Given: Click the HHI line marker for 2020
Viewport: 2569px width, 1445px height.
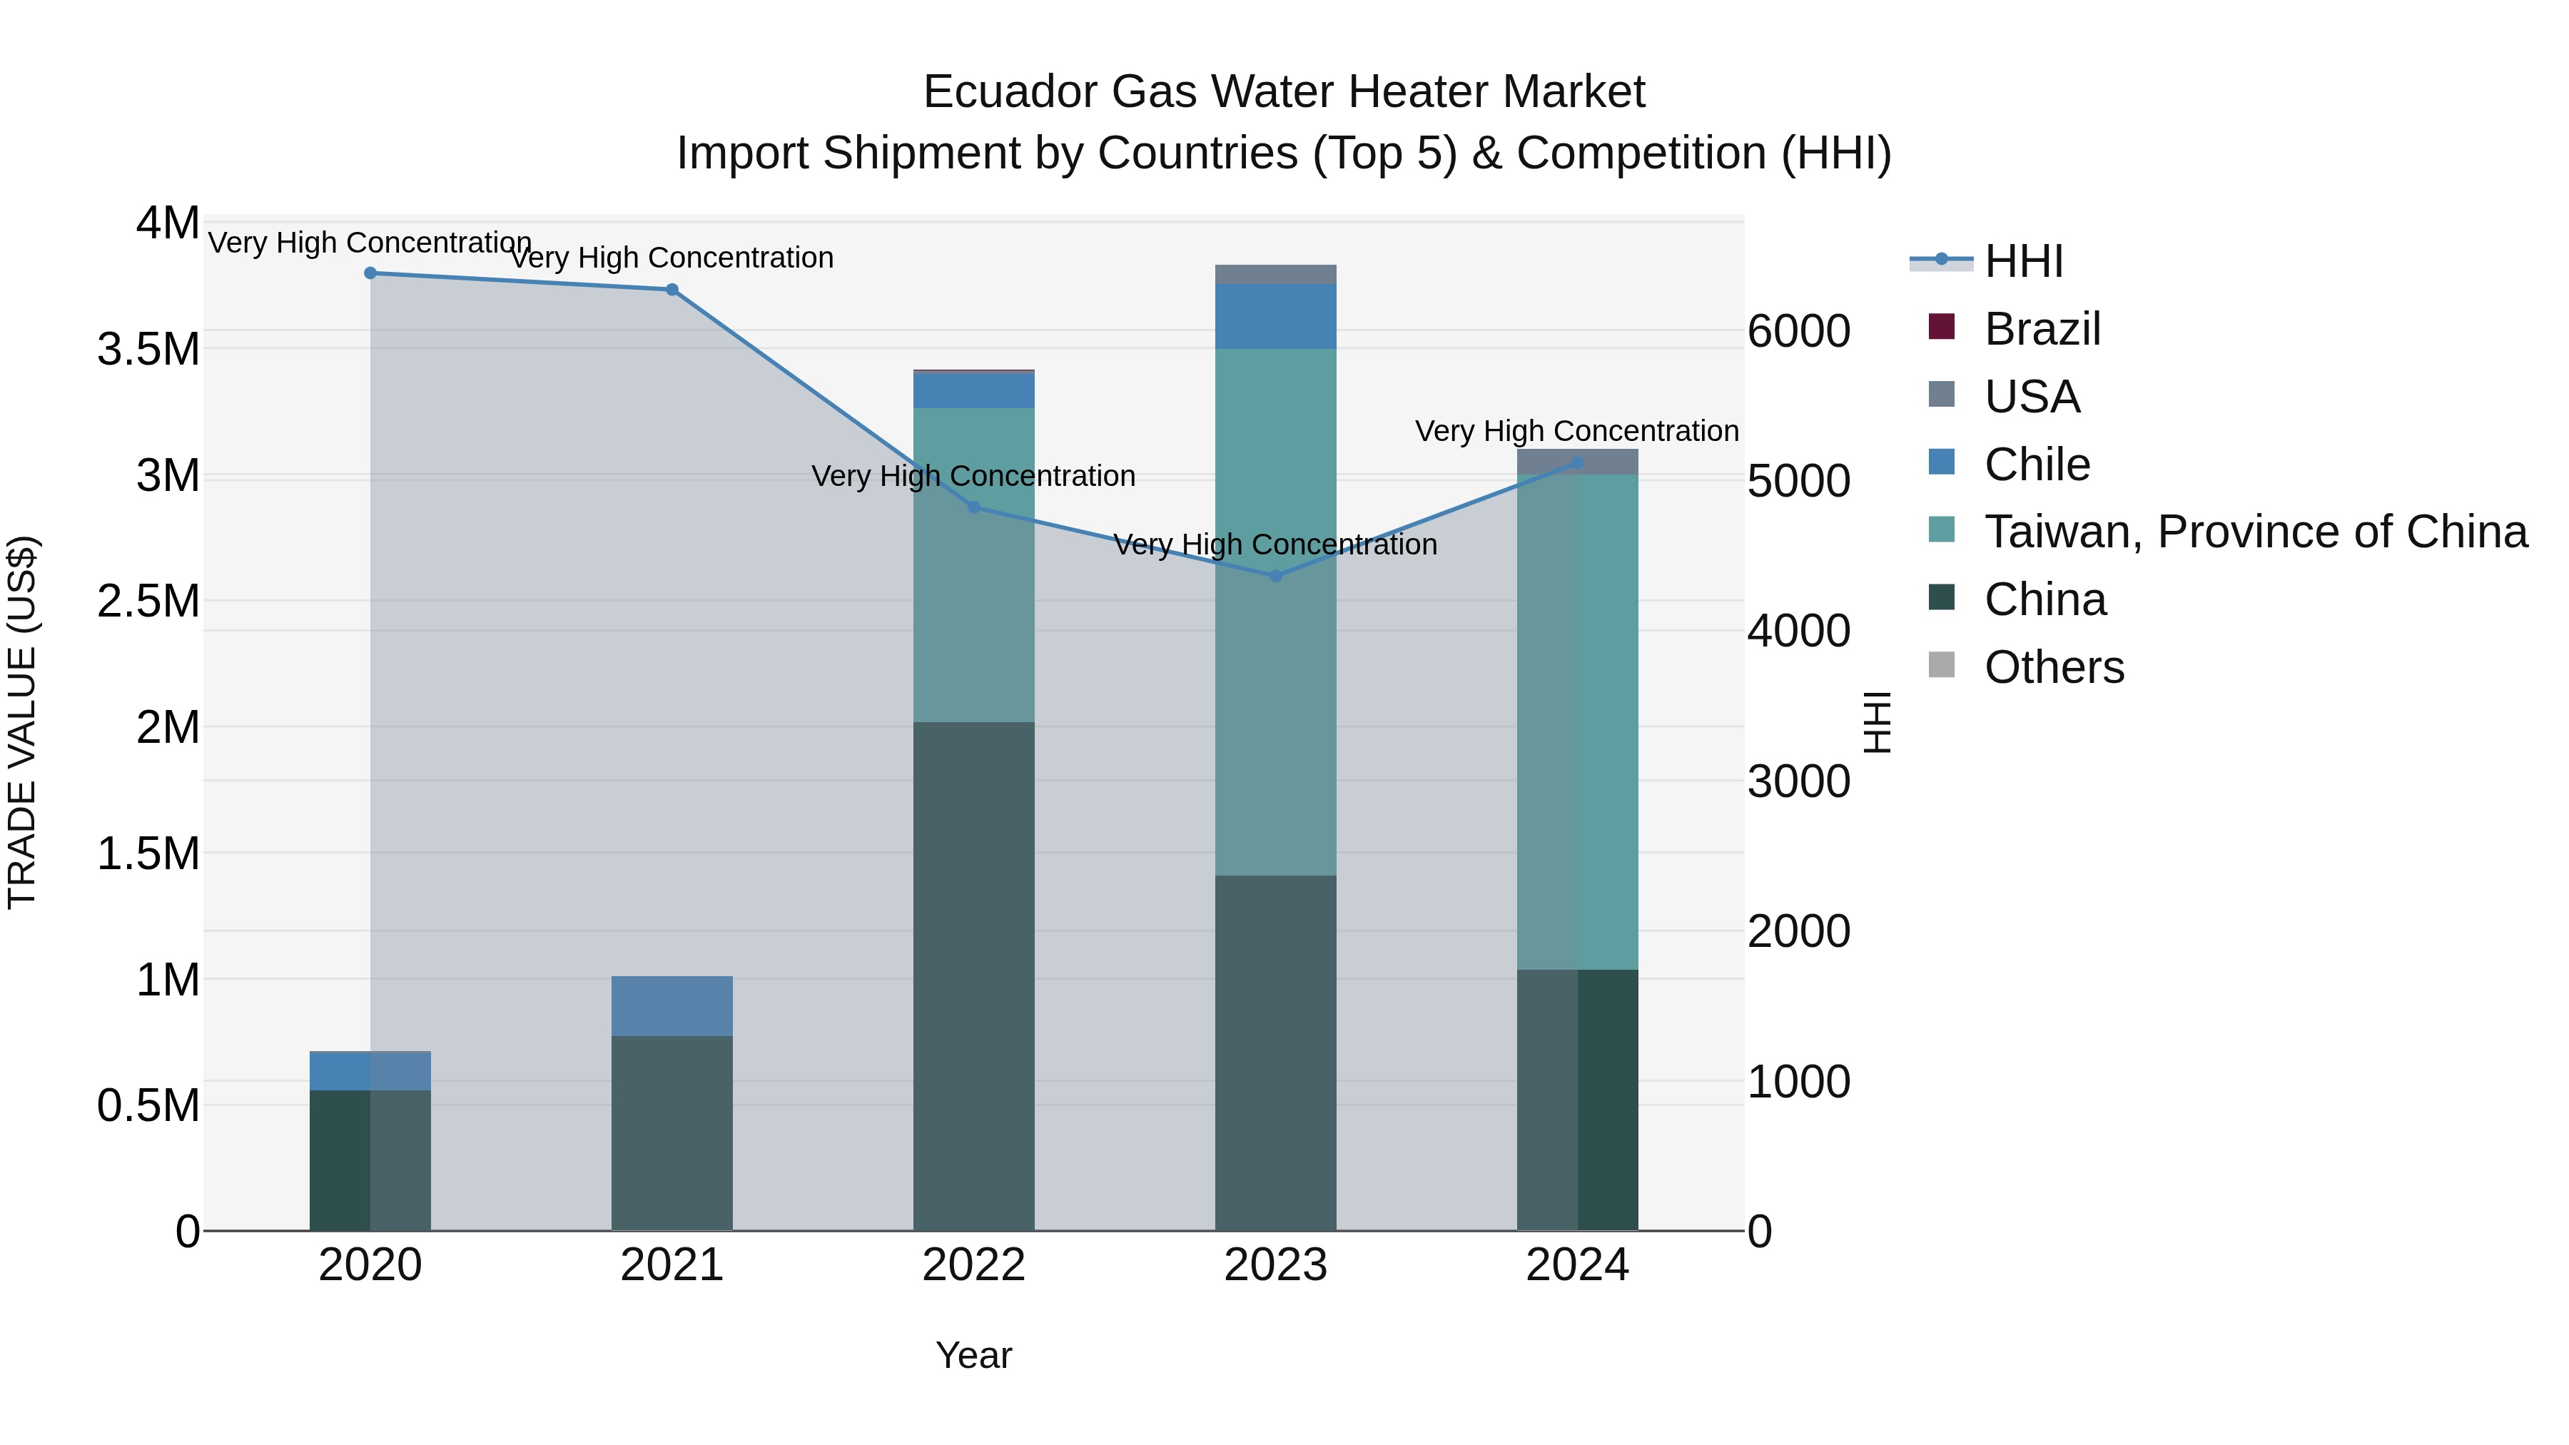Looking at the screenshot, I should [x=370, y=273].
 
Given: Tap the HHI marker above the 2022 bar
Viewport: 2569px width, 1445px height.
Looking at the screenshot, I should [x=974, y=507].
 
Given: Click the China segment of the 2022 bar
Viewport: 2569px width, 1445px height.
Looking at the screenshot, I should [x=973, y=978].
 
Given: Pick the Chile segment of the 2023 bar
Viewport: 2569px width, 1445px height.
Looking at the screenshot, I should [x=1275, y=317].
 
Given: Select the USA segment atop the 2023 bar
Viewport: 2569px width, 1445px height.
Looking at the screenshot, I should [x=1275, y=274].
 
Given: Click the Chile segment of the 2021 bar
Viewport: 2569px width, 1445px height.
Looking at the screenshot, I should [x=672, y=1006].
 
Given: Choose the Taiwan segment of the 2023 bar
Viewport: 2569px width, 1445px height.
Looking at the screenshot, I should [x=1275, y=698].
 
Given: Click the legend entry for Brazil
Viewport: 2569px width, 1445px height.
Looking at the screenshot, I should [x=2042, y=329].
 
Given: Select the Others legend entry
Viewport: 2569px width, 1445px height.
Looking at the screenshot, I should [x=2053, y=667].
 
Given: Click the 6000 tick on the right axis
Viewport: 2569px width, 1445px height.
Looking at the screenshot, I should [x=1799, y=331].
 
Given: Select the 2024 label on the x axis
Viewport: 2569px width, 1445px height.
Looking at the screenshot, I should [x=1576, y=1265].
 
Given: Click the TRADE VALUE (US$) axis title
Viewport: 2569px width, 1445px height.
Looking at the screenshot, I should [x=22, y=722].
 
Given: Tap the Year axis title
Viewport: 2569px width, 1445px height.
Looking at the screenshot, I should [x=973, y=1355].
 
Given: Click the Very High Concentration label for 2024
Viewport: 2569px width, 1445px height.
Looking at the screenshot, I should [x=1576, y=431].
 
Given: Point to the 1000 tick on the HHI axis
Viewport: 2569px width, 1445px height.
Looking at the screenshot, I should [x=1799, y=1082].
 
